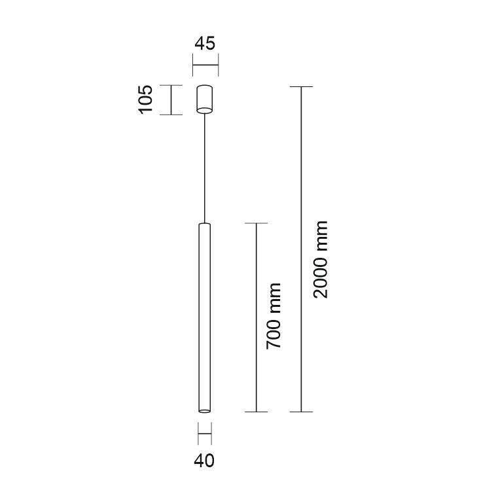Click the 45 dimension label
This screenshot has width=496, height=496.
[x=205, y=43]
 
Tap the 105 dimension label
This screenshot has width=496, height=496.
[x=145, y=99]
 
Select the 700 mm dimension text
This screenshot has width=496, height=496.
[x=274, y=316]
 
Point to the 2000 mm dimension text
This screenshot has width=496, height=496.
[x=321, y=260]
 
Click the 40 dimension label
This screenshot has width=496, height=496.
[x=204, y=461]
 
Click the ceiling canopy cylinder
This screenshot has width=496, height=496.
[x=204, y=99]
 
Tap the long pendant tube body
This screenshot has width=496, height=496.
[x=204, y=317]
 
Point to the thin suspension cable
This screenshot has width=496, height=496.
[x=205, y=168]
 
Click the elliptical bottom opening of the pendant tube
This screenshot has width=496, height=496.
[x=204, y=411]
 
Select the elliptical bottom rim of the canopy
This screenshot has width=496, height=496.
[x=204, y=110]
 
